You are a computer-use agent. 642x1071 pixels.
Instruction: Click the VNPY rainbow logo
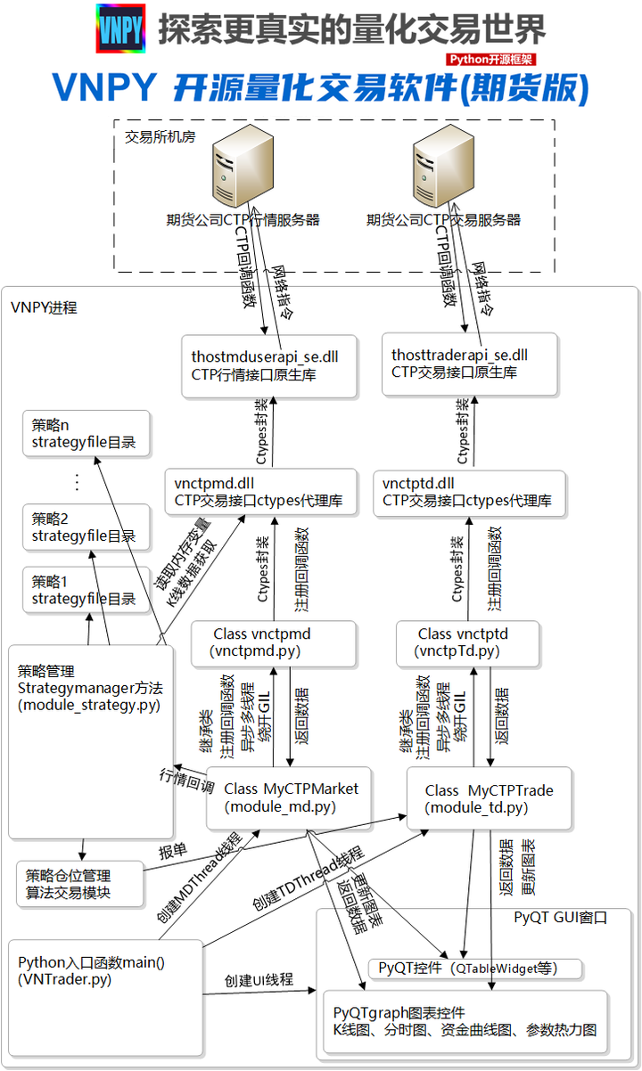pyautogui.click(x=119, y=29)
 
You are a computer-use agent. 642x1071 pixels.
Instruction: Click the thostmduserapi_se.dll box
pyautogui.click(x=267, y=365)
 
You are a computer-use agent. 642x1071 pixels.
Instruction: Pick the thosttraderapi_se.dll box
pyautogui.click(x=470, y=364)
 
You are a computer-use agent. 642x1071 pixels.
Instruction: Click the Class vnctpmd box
pyautogui.click(x=274, y=642)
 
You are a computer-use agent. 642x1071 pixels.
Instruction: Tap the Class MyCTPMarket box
pyautogui.click(x=290, y=797)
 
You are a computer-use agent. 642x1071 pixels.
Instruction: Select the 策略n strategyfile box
pyautogui.click(x=86, y=434)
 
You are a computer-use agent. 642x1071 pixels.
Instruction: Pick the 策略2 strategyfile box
pyautogui.click(x=86, y=527)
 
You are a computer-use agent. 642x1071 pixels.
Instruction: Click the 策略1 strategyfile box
pyautogui.click(x=86, y=590)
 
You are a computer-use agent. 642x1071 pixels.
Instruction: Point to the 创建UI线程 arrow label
pyautogui.click(x=259, y=980)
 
